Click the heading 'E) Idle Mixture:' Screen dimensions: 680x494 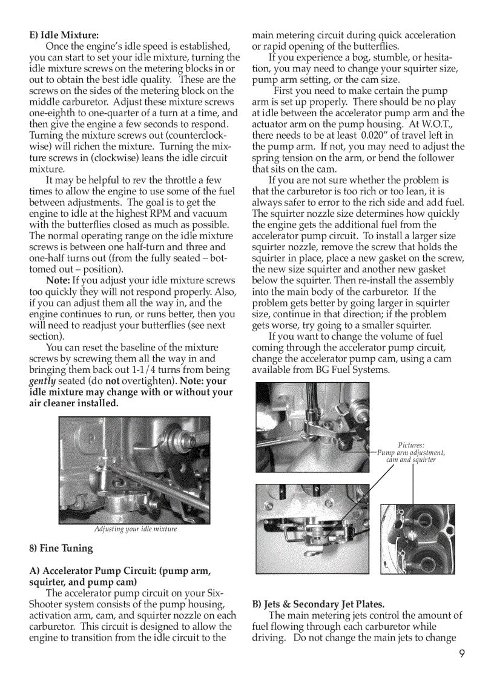click(64, 35)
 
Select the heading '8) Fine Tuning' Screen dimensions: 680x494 click(61, 548)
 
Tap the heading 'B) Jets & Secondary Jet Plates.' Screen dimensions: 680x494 click(318, 604)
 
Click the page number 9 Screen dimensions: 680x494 click(461, 653)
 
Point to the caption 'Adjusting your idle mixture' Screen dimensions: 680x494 click(136, 529)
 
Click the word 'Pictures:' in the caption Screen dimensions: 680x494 click(411, 445)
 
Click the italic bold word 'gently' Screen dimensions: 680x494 click(42, 381)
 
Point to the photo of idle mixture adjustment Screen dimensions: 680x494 click(134, 469)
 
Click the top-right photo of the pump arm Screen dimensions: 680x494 click(312, 426)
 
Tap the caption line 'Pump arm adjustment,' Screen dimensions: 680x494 click(411, 452)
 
